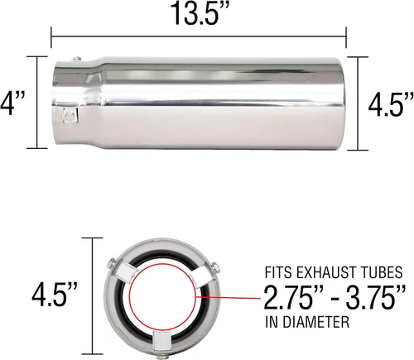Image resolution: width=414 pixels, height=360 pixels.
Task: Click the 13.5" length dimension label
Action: tap(200, 12)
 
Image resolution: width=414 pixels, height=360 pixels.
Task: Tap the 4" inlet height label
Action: tap(12, 103)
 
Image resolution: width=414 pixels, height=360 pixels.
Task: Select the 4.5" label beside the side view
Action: tap(391, 104)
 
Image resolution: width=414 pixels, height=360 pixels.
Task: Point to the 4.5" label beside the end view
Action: tap(55, 295)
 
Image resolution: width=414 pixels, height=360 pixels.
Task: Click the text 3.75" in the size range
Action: tap(376, 298)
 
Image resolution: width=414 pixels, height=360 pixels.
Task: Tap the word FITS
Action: tap(278, 272)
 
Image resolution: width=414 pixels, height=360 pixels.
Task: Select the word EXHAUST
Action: tap(329, 272)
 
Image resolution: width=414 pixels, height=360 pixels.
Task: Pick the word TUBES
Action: tap(384, 272)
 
